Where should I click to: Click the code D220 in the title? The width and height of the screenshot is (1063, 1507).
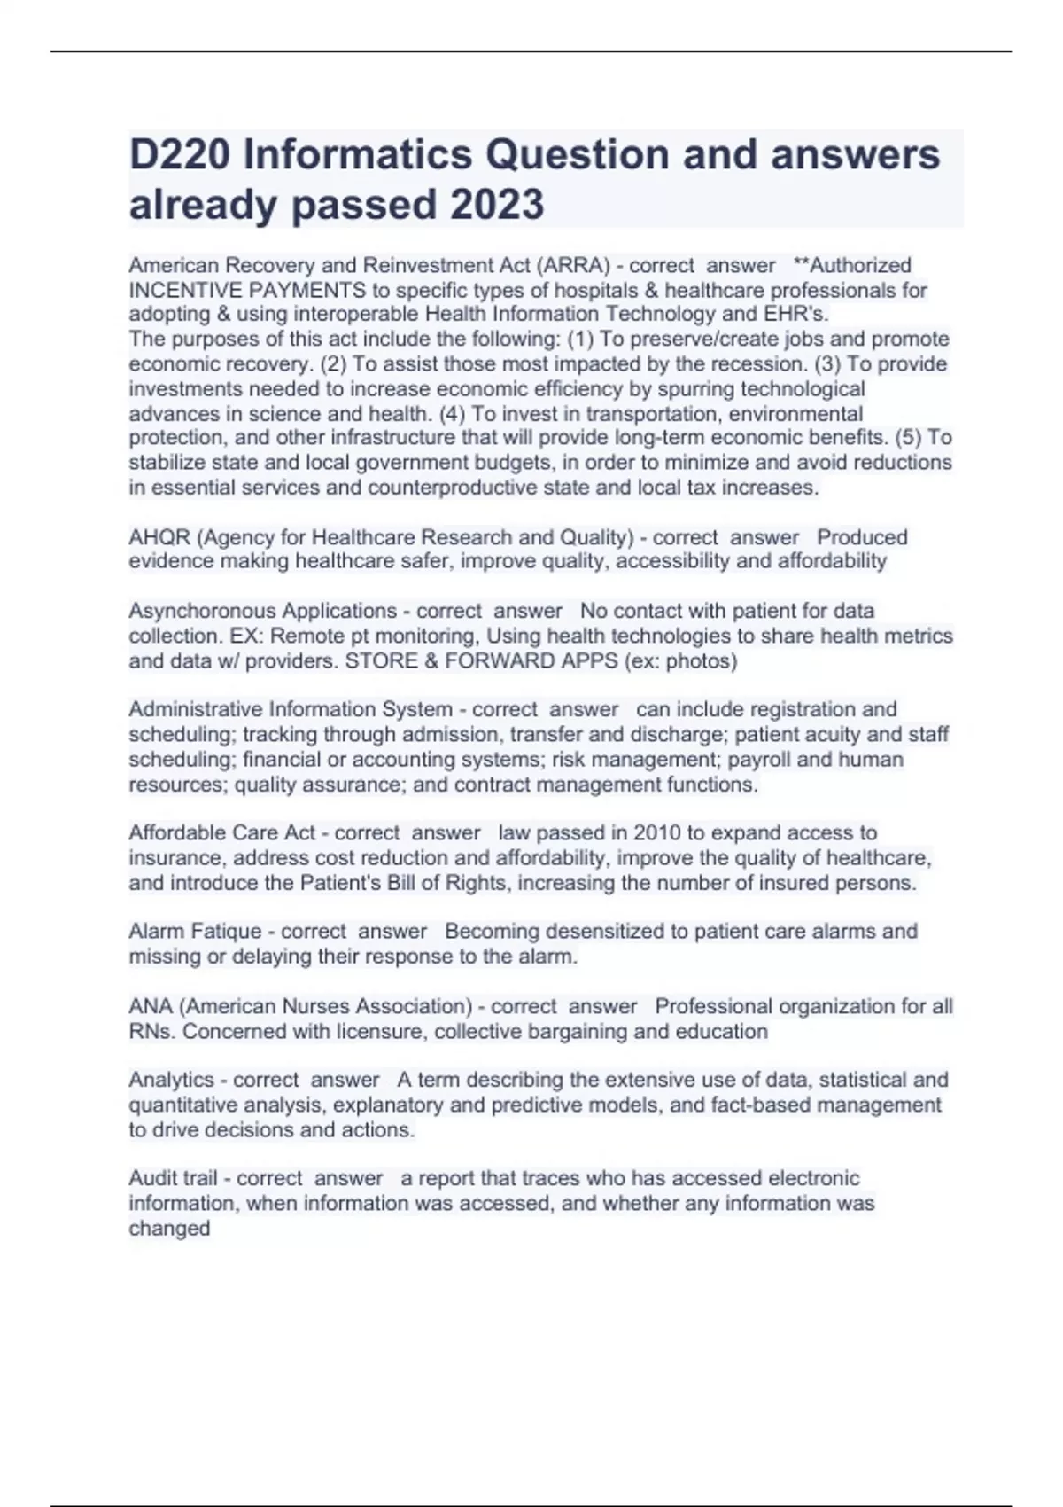point(180,155)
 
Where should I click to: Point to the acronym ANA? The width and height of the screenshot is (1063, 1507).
point(151,1006)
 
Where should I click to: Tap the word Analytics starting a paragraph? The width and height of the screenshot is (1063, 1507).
point(171,1080)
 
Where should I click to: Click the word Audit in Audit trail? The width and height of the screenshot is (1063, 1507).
point(153,1178)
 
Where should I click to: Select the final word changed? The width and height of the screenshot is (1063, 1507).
point(169,1228)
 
